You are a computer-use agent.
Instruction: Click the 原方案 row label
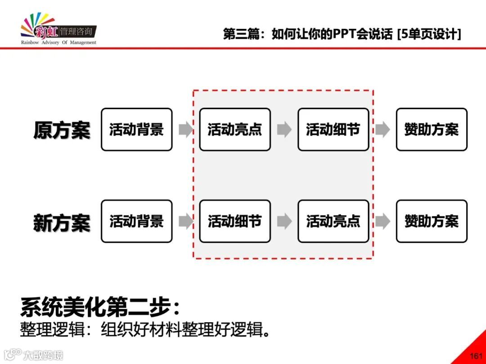pyautogui.click(x=62, y=130)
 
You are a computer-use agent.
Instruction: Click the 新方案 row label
pyautogui.click(x=62, y=222)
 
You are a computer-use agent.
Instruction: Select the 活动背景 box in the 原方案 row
pyautogui.click(x=136, y=129)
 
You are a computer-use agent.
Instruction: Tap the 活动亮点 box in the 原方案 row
pyautogui.click(x=234, y=129)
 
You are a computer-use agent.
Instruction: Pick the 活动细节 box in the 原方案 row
pyautogui.click(x=333, y=129)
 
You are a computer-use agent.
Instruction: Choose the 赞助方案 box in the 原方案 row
pyautogui.click(x=431, y=129)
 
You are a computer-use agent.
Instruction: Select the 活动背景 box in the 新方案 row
pyautogui.click(x=136, y=221)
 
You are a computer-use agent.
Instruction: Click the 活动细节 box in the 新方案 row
pyautogui.click(x=234, y=221)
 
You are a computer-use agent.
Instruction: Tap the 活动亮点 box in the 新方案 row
pyautogui.click(x=333, y=221)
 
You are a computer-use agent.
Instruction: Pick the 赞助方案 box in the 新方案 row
pyautogui.click(x=431, y=221)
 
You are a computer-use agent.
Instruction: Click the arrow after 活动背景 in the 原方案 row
pyautogui.click(x=185, y=130)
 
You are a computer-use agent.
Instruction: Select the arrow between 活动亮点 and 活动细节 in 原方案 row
pyautogui.click(x=284, y=130)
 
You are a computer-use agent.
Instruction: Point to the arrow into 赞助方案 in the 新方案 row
pyautogui.click(x=382, y=221)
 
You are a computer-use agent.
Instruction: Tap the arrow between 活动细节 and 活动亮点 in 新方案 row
pyautogui.click(x=284, y=221)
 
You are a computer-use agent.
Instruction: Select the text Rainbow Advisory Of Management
pyautogui.click(x=58, y=43)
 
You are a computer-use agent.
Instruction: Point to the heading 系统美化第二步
pyautogui.click(x=100, y=307)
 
